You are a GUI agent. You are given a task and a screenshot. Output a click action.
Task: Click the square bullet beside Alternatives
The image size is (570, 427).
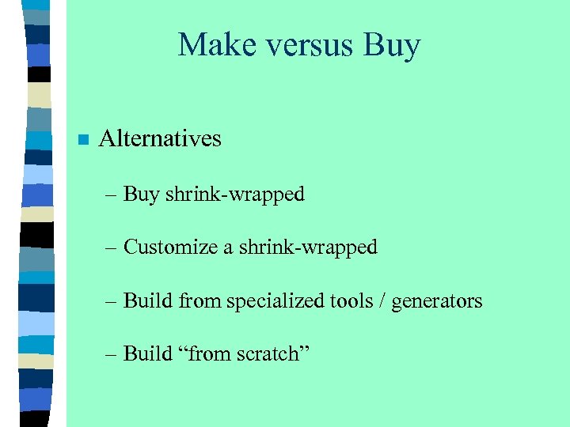coord(82,141)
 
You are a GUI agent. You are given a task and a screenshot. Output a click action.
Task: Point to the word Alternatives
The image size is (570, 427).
coord(160,139)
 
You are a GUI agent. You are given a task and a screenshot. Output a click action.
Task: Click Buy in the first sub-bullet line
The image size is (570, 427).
coord(142,195)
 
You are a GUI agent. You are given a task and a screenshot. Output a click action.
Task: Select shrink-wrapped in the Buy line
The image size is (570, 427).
coord(235,195)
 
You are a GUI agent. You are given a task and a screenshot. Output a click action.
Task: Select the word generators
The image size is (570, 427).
coord(437,302)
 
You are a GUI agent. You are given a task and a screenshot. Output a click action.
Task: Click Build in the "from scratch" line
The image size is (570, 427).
coord(148,353)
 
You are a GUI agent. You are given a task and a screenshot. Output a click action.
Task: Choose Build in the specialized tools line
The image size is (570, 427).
coord(148,300)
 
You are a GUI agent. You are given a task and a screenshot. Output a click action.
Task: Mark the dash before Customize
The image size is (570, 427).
coord(112,248)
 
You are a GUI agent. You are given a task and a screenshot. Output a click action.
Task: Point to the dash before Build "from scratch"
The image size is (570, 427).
coord(112,354)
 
